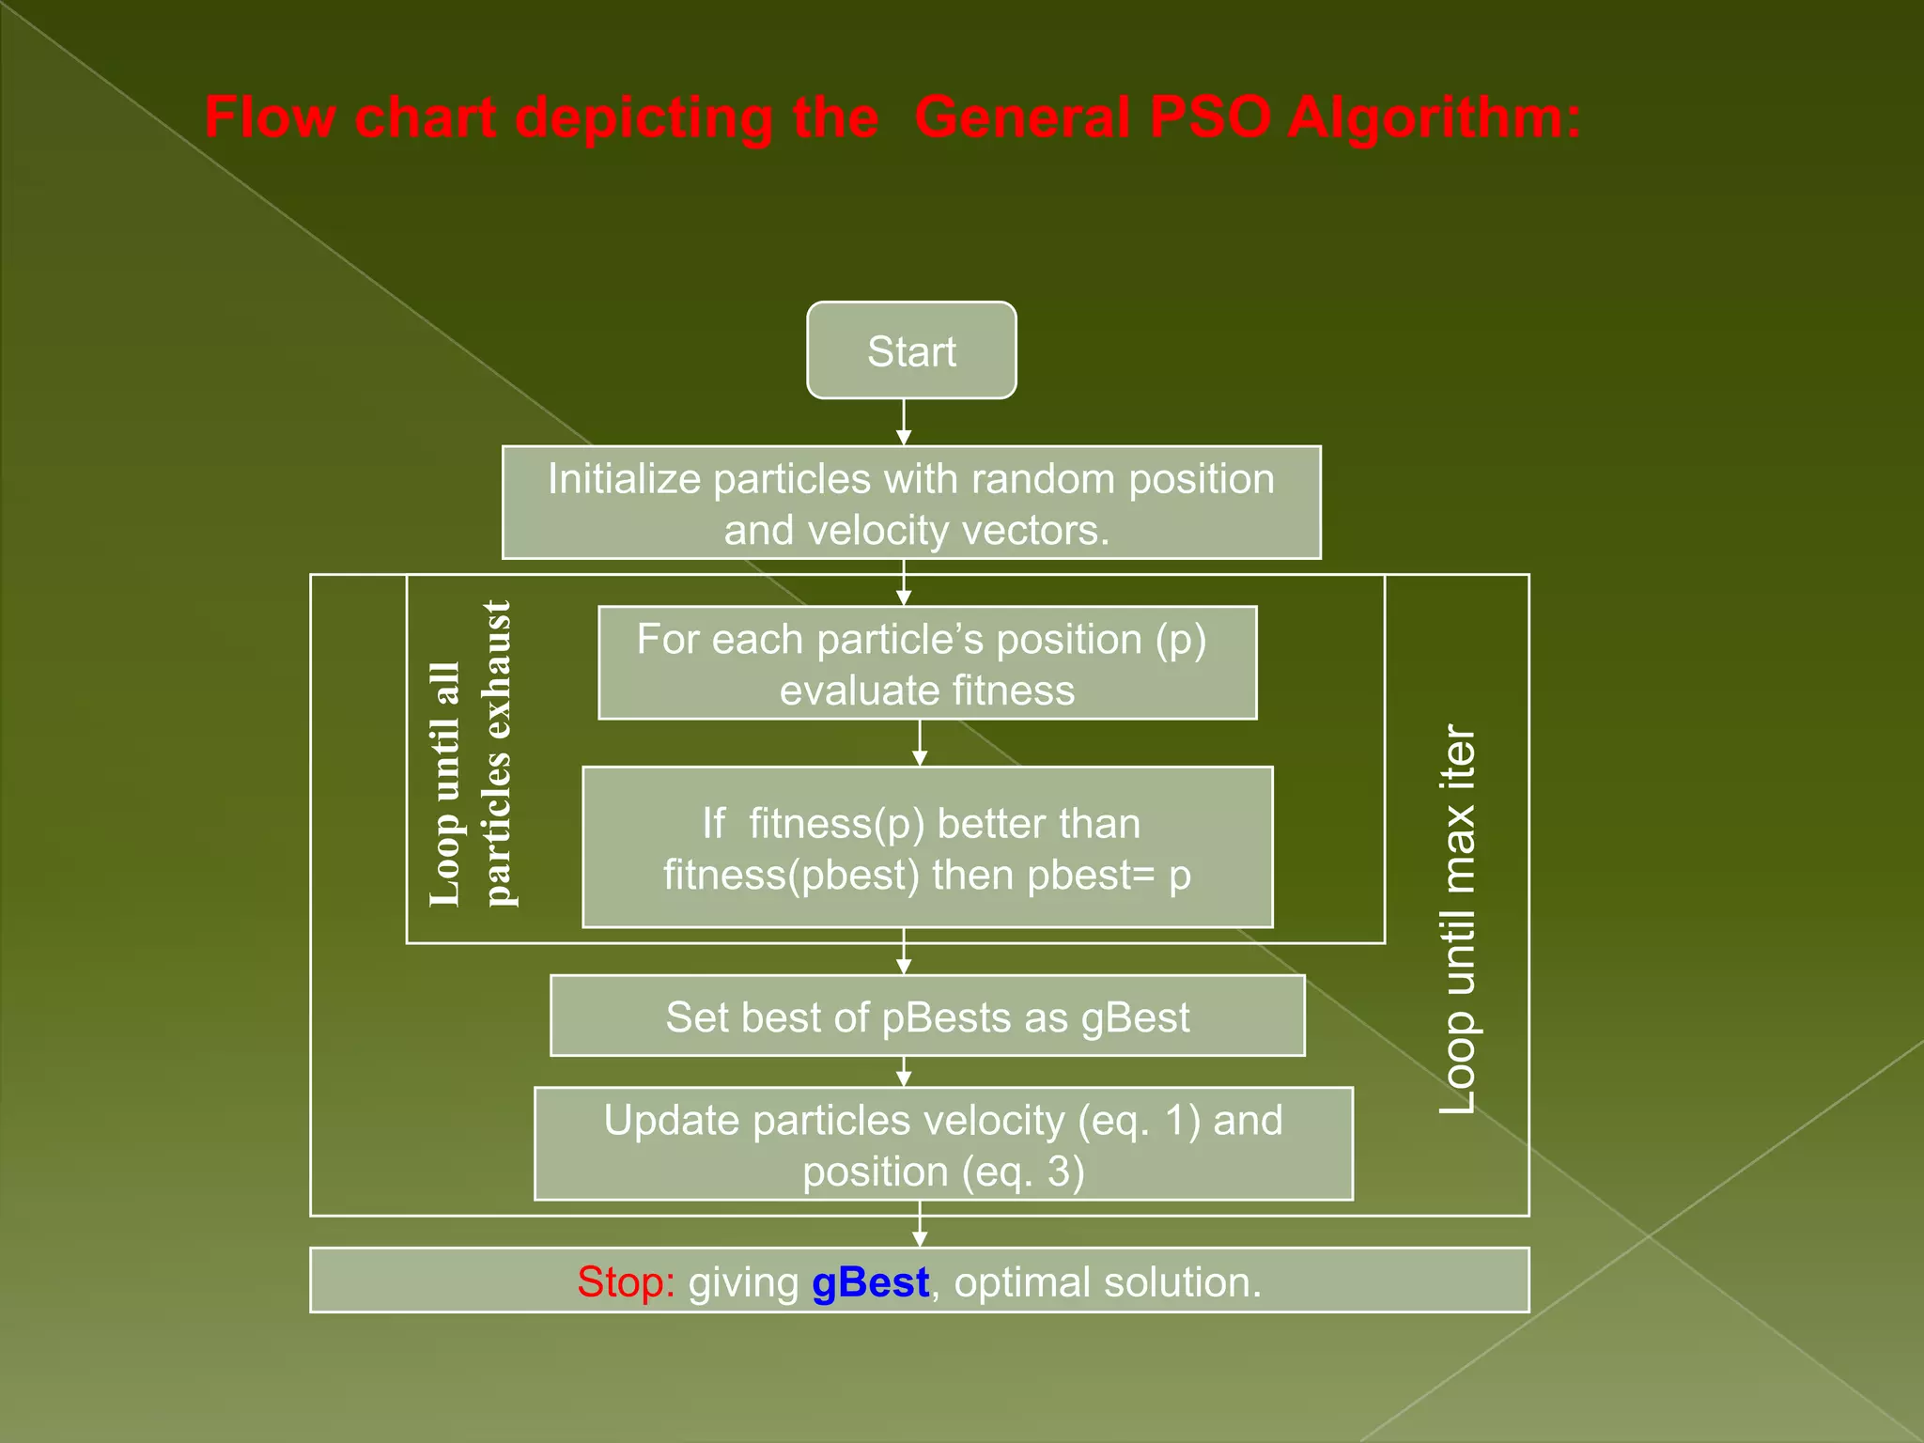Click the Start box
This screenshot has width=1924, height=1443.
[911, 350]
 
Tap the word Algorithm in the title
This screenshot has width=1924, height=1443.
[1434, 118]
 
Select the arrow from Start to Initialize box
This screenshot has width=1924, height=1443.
[904, 422]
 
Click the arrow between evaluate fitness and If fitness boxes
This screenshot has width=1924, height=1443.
[920, 743]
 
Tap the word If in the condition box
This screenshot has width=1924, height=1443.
[713, 824]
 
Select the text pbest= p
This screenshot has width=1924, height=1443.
[1109, 876]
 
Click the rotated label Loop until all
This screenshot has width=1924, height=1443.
[445, 784]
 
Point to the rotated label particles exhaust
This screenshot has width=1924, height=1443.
[497, 753]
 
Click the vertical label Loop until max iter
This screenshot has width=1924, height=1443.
[1458, 919]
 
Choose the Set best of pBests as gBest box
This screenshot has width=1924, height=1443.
[927, 1016]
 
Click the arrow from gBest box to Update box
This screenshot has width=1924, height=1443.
[904, 1072]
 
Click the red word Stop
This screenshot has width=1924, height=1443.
[626, 1282]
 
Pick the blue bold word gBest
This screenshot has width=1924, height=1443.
[870, 1282]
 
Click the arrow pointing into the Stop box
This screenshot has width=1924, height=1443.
[920, 1232]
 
